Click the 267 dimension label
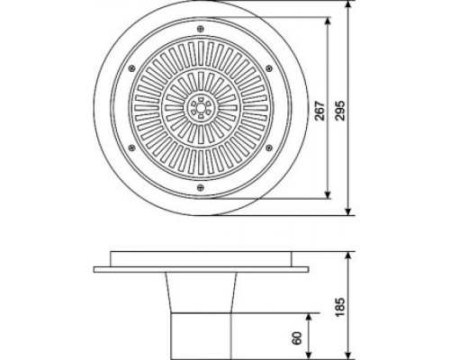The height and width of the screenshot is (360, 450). (320, 111)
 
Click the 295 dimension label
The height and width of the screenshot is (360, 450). (340, 111)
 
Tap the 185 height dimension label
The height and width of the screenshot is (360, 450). (340, 307)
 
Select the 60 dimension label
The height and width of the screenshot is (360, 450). (297, 338)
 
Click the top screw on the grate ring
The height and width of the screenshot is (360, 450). (201, 29)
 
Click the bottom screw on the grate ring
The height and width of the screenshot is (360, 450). (201, 188)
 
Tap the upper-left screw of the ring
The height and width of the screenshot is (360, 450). (131, 68)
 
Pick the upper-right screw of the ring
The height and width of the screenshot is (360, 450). (269, 68)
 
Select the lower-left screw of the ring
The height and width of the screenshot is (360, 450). (131, 148)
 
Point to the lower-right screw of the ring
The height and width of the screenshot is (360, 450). (269, 148)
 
